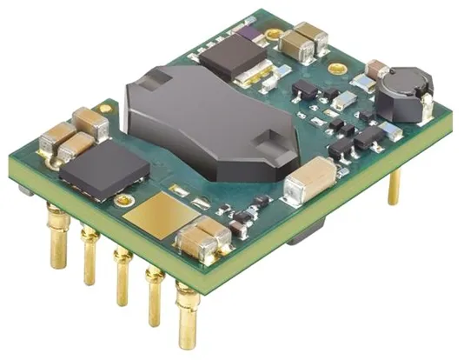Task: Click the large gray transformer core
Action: (x=209, y=122)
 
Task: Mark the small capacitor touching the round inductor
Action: (x=377, y=70)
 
